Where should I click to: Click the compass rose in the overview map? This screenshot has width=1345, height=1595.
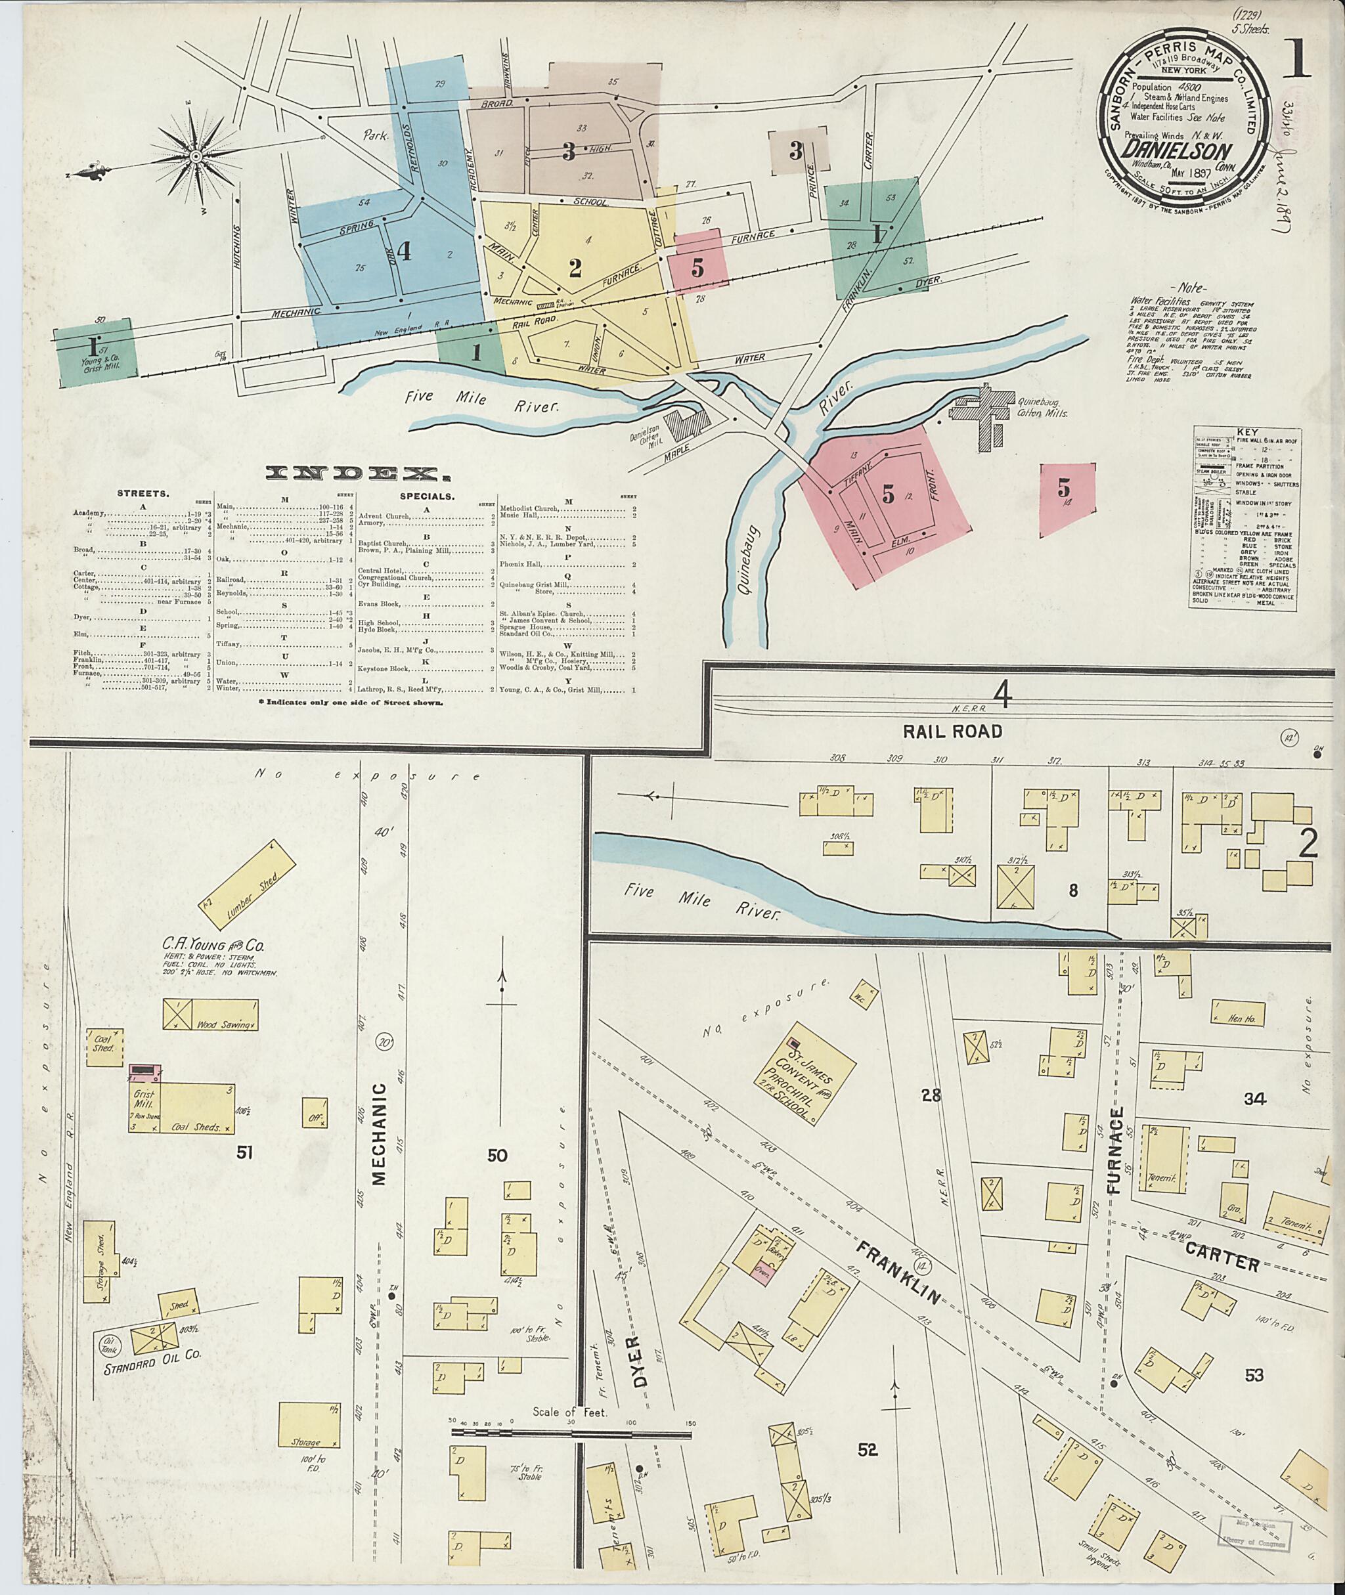click(x=196, y=156)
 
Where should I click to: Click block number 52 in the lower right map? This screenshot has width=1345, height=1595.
click(x=868, y=1450)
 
